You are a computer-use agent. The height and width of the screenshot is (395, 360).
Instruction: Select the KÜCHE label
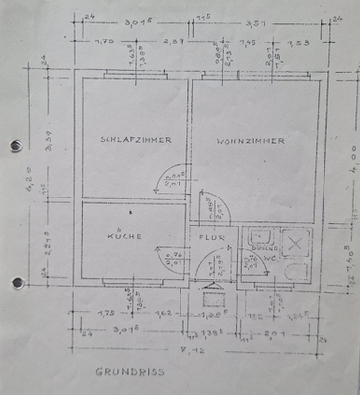click(126, 236)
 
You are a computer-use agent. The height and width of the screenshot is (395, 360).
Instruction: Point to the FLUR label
click(214, 237)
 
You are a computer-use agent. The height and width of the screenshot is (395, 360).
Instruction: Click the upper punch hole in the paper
click(15, 146)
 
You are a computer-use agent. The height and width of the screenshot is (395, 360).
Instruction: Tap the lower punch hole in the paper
click(15, 283)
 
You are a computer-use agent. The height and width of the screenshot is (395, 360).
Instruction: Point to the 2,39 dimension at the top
click(172, 43)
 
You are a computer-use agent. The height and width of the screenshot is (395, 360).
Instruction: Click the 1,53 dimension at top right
click(296, 43)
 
